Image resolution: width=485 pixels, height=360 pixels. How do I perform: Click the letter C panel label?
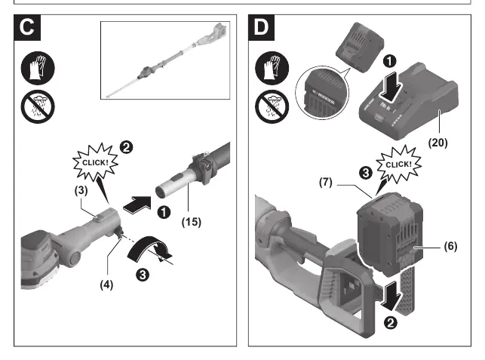[27, 27]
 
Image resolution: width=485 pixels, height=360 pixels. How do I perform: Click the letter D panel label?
[262, 27]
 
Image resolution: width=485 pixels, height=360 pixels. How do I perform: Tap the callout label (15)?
[191, 222]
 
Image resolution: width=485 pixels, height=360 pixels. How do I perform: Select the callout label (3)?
[81, 190]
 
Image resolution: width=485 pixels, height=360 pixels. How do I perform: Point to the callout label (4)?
[106, 285]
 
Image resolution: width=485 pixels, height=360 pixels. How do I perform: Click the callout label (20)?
[438, 143]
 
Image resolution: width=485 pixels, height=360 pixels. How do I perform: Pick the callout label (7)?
[326, 182]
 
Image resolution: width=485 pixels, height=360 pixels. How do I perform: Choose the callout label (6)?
[450, 246]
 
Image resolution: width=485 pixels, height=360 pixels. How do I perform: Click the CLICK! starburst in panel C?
[96, 162]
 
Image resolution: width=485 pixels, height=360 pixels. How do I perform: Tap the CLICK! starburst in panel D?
[399, 164]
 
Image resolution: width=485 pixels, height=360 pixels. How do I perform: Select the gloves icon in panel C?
[38, 68]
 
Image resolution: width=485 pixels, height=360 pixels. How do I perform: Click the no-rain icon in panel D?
[272, 106]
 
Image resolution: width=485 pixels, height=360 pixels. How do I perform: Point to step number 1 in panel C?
[164, 212]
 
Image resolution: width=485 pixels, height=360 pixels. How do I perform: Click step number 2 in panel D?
[391, 323]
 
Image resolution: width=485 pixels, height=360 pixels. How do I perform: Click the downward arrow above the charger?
[391, 87]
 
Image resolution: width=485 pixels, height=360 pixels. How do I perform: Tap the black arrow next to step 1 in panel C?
[137, 205]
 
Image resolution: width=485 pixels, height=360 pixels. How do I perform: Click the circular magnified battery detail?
[322, 92]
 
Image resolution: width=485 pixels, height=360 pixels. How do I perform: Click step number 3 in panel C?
[143, 275]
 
